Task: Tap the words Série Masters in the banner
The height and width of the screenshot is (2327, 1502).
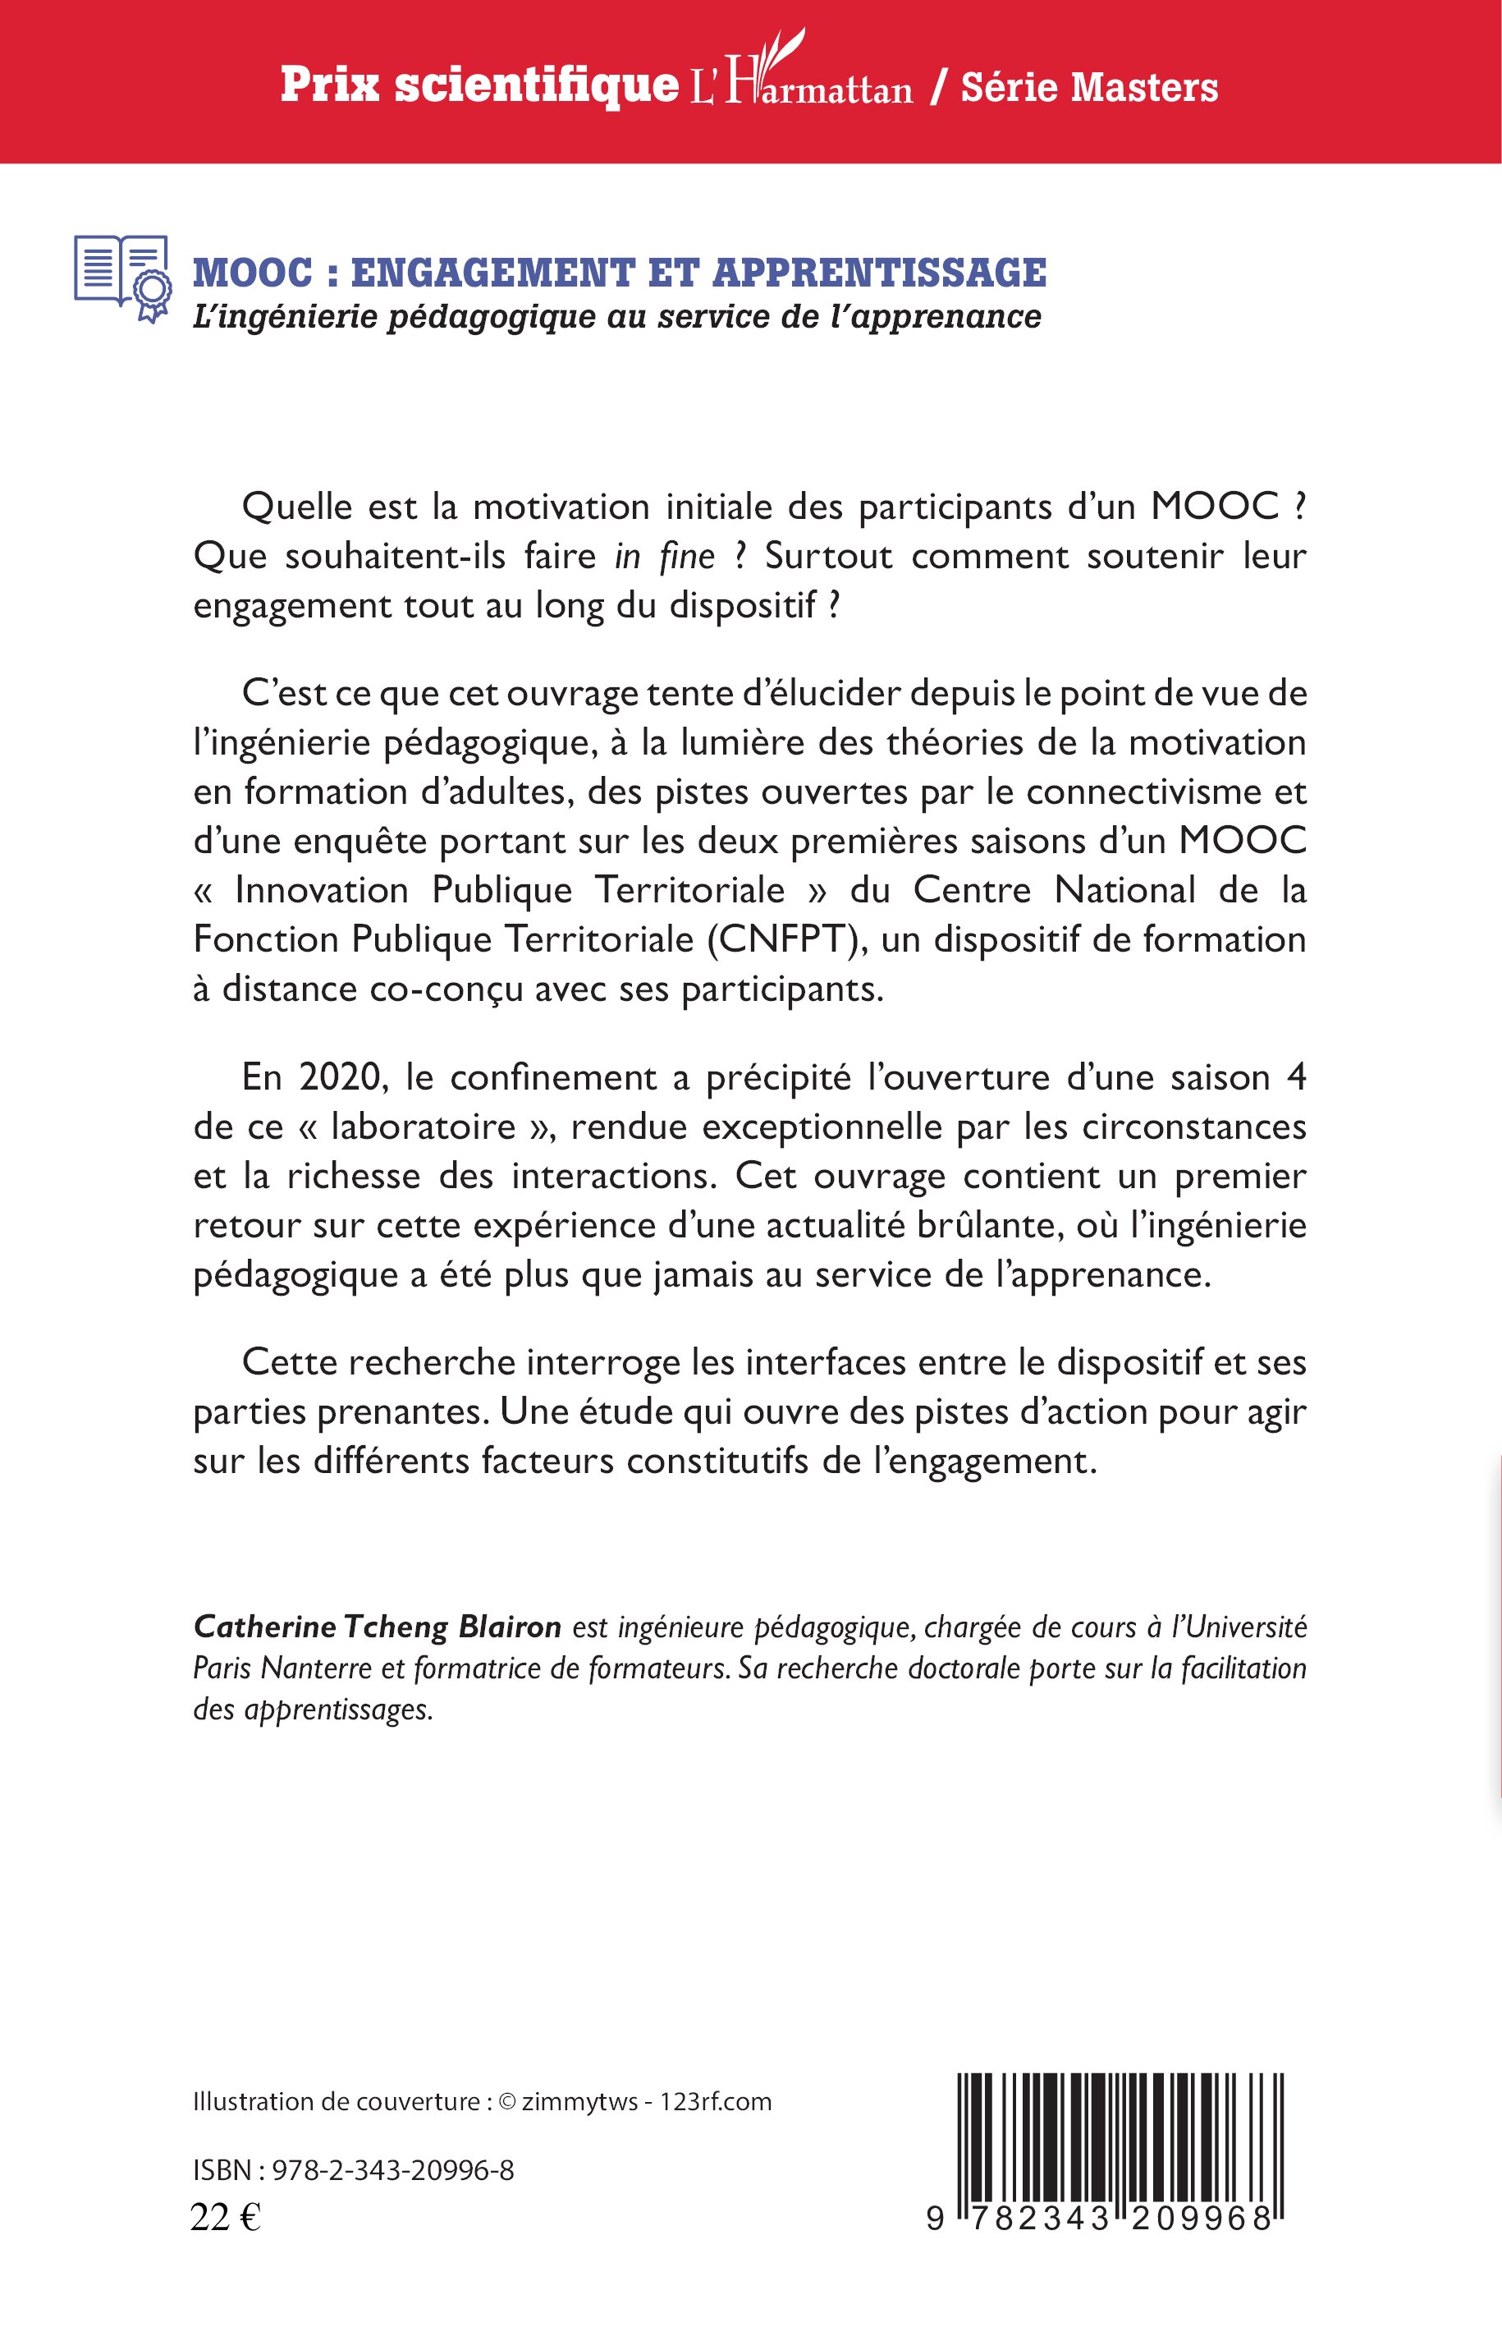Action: coord(1089,88)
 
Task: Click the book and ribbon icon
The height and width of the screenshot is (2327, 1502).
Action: coord(122,278)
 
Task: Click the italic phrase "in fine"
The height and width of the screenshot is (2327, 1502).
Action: coord(664,556)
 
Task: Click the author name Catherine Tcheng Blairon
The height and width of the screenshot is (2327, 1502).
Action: coord(378,1627)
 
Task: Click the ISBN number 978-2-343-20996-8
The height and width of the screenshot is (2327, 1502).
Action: coord(393,2170)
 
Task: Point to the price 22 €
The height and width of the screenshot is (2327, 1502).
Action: coord(225,2218)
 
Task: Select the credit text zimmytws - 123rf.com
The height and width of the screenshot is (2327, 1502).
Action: coord(647,2102)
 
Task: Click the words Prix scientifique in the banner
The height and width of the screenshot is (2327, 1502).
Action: coord(479,86)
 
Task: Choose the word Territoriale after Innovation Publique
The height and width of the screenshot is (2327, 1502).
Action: coord(690,890)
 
